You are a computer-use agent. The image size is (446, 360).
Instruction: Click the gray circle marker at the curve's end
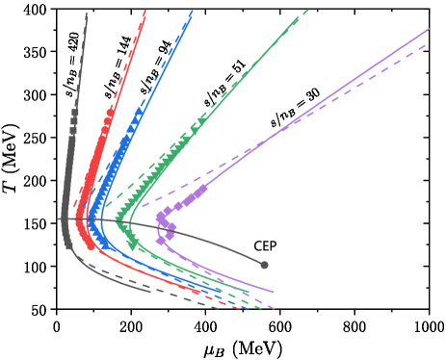point(264,265)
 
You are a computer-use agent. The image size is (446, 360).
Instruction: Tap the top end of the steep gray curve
point(87,13)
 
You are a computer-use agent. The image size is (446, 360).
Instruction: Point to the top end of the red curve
point(145,11)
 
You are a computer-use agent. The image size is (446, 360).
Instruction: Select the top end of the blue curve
point(193,12)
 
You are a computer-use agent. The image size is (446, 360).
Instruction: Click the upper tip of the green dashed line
point(308,11)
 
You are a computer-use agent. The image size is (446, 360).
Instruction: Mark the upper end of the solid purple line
point(429,29)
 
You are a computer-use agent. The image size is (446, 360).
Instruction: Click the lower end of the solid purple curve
point(274,291)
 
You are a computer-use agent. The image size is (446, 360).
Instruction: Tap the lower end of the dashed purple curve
point(275,309)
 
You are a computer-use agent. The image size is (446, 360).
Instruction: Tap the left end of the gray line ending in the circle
point(58,219)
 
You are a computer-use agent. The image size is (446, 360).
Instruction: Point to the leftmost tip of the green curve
point(117,222)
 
